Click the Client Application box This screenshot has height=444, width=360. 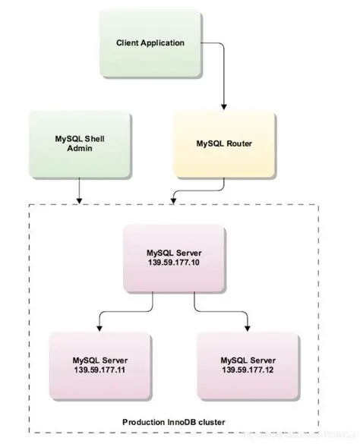pos(150,43)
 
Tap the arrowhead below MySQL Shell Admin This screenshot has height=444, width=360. pos(81,199)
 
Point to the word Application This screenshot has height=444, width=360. pos(162,43)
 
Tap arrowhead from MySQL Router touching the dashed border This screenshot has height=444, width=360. pos(174,199)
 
